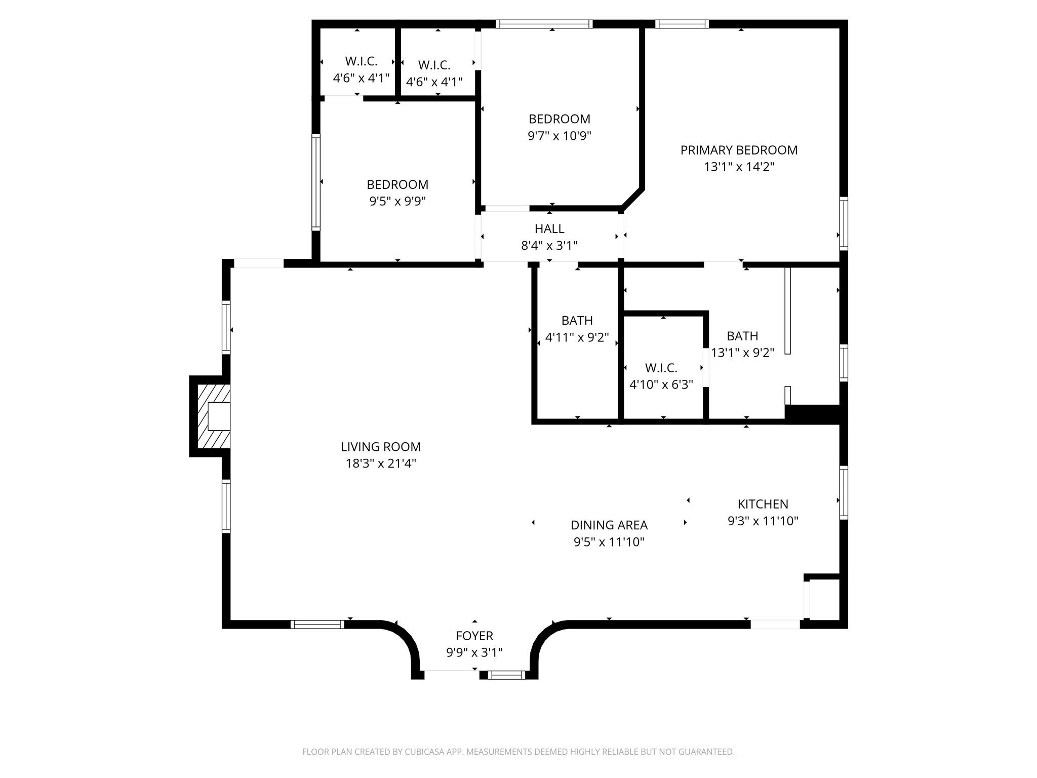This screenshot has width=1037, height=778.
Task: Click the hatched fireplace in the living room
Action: pos(213,416)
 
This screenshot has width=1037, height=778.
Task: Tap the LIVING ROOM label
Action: pos(381,447)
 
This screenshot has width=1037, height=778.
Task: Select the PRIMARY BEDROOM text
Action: pos(739,150)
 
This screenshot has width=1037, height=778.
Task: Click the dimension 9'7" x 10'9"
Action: pos(560,136)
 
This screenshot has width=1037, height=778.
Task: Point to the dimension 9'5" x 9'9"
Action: pos(397,201)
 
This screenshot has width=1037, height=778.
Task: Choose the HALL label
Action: pos(549,228)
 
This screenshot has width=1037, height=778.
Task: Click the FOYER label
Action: pos(474,636)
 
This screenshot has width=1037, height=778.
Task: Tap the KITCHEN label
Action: pos(763,504)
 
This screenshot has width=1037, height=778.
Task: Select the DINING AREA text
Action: pos(609,525)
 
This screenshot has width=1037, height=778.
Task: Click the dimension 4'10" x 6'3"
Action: pos(661,384)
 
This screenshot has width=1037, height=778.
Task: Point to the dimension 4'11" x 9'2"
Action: pos(577,337)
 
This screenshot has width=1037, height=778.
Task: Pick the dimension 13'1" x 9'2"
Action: pos(743,353)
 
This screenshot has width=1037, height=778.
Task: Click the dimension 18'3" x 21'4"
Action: pos(381,463)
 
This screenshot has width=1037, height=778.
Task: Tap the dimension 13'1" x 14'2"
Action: pos(739,167)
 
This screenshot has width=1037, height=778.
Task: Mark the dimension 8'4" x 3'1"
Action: pos(549,246)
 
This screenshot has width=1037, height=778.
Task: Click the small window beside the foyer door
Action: pos(507,675)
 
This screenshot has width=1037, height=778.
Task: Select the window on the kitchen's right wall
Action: pos(844,492)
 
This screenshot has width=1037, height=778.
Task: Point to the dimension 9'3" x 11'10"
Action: pos(763,521)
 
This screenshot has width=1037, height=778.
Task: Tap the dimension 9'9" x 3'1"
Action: pos(474,652)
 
